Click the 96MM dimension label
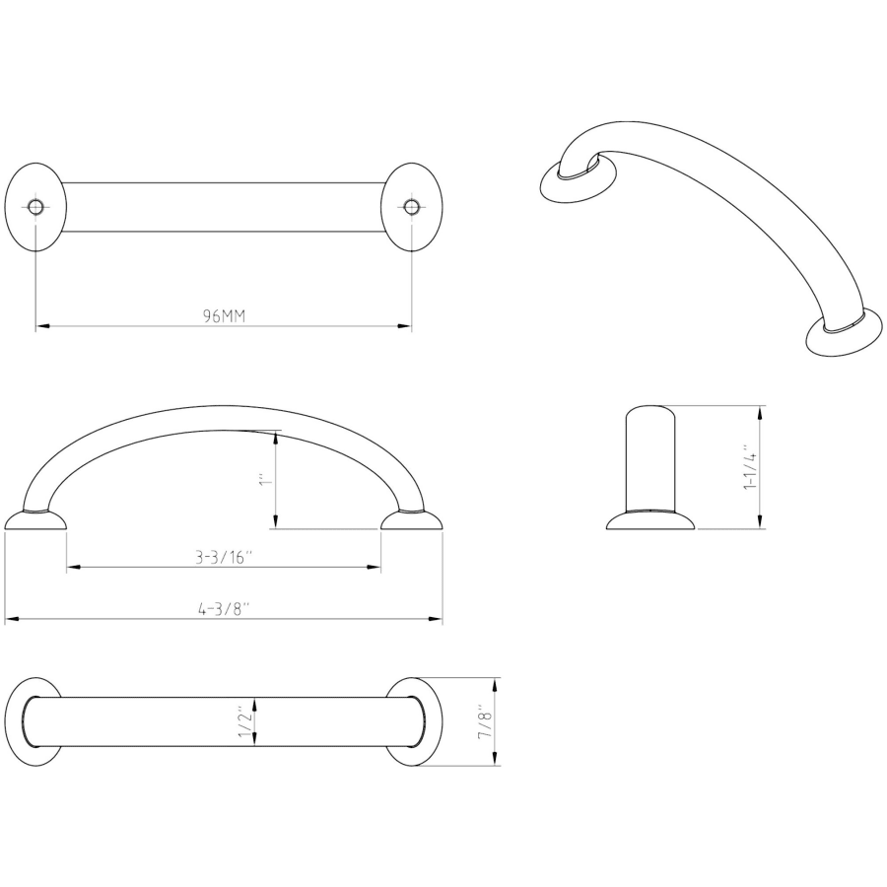[x=225, y=315]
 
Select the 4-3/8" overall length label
[x=224, y=609]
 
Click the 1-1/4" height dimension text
[x=750, y=467]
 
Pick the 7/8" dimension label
[x=486, y=721]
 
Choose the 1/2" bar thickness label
[x=244, y=721]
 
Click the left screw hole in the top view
[x=35, y=207]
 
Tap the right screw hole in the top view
[x=412, y=207]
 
